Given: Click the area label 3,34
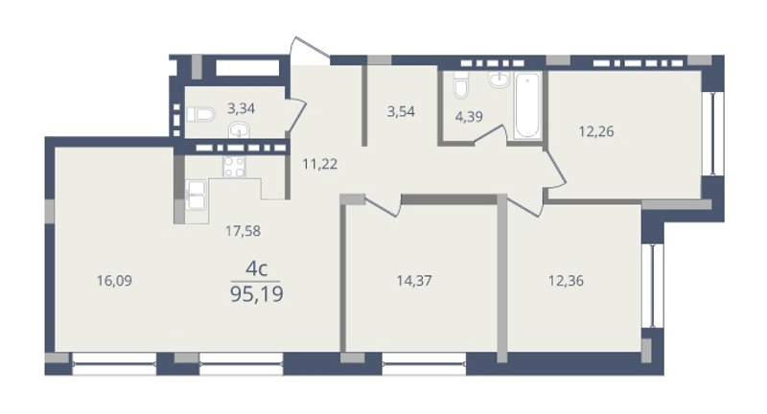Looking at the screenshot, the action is [x=242, y=108].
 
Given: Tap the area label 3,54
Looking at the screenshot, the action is [x=401, y=111].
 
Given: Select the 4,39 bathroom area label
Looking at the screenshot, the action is [x=469, y=117].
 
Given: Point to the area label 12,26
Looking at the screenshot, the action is [x=596, y=131].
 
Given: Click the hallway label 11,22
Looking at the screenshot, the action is [x=320, y=164].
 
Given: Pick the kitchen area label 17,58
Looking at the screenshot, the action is [x=244, y=231].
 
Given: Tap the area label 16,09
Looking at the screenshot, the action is [x=114, y=281].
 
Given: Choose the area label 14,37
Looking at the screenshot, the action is [x=414, y=281].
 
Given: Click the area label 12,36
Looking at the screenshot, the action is [x=566, y=281].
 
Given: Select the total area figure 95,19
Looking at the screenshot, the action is [x=257, y=295].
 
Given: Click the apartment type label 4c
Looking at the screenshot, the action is [x=256, y=269].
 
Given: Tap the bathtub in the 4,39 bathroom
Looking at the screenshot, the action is [x=528, y=105].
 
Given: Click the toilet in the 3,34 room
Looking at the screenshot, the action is [x=200, y=115].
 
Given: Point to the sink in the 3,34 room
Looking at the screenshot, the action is [x=239, y=130].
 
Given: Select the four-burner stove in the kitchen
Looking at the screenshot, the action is [x=234, y=167].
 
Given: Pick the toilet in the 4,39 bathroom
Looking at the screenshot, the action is [x=461, y=85].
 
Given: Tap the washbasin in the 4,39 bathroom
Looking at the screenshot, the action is [x=499, y=80].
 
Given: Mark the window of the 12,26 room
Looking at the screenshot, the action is [x=712, y=133].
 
